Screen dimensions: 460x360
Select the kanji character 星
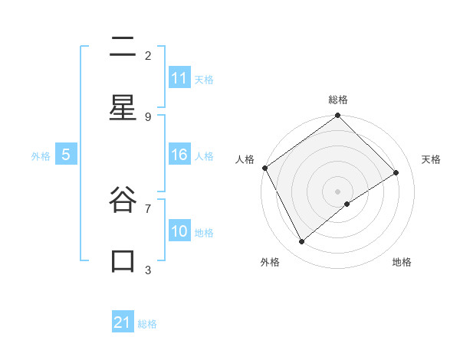pos(123,109)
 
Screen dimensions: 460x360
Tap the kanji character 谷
pos(123,201)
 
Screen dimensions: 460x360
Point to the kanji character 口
pos(123,261)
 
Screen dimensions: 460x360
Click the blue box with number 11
pos(179,77)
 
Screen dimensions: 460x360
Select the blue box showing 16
pos(179,155)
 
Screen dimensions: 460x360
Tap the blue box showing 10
pos(179,231)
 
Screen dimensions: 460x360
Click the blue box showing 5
pos(66,155)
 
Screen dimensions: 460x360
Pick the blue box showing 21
pos(123,322)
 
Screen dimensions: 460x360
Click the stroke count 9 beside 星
pos(148,116)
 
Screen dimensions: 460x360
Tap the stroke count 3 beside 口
pos(148,270)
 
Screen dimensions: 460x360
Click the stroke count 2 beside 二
pos(148,55)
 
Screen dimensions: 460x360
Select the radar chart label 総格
pos(338,100)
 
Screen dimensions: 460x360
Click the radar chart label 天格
pos(431,159)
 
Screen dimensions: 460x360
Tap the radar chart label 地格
pos(402,262)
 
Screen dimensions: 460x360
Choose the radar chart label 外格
pos(270,262)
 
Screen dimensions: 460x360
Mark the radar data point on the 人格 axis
pos(264,168)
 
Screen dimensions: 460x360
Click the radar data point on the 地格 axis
pos(347,204)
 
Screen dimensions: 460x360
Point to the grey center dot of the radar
pos(338,191)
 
